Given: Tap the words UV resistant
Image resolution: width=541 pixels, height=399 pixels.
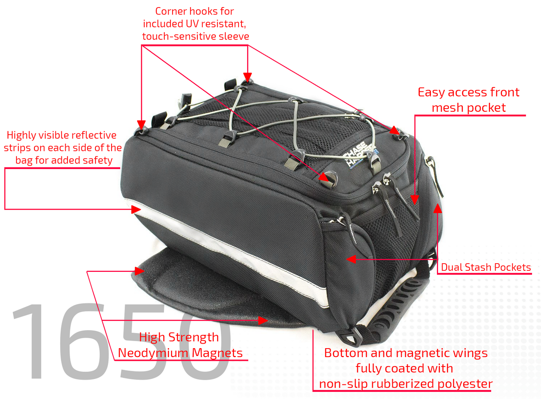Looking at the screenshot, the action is point(216,24).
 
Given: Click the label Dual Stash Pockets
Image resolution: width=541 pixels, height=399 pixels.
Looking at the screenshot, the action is point(486,267).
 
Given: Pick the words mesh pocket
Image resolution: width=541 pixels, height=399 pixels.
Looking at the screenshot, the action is point(469,108).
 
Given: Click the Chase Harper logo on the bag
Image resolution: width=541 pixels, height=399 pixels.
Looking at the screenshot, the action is point(358,154).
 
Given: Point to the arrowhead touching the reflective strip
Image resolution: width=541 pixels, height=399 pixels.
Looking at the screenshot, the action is point(136,209).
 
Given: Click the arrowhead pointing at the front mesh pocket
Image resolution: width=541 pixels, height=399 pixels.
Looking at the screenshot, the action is point(414,200).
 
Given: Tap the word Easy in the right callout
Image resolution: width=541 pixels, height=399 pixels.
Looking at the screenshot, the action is point(431,93).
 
